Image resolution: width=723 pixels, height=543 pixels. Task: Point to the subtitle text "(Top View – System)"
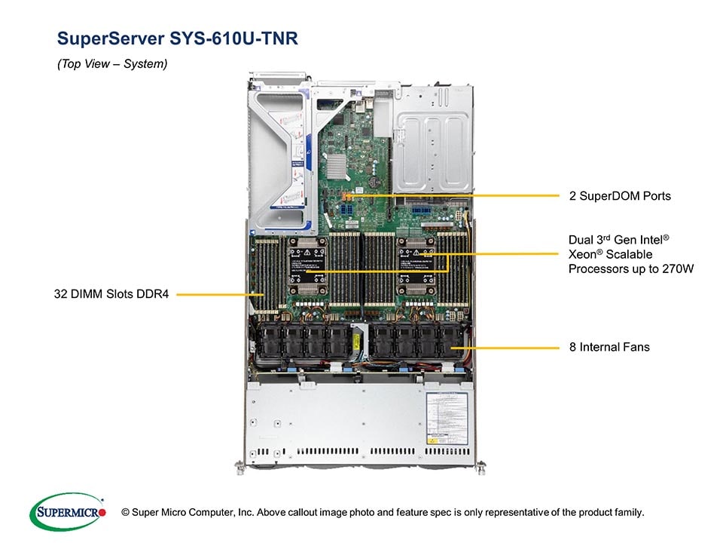112,64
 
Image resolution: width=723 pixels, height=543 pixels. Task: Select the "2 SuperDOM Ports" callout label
619,196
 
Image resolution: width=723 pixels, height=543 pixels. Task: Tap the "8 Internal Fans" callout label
609,348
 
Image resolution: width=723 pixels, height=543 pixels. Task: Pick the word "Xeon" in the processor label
584,255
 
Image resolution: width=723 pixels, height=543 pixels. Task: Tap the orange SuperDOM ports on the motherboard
348,197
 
